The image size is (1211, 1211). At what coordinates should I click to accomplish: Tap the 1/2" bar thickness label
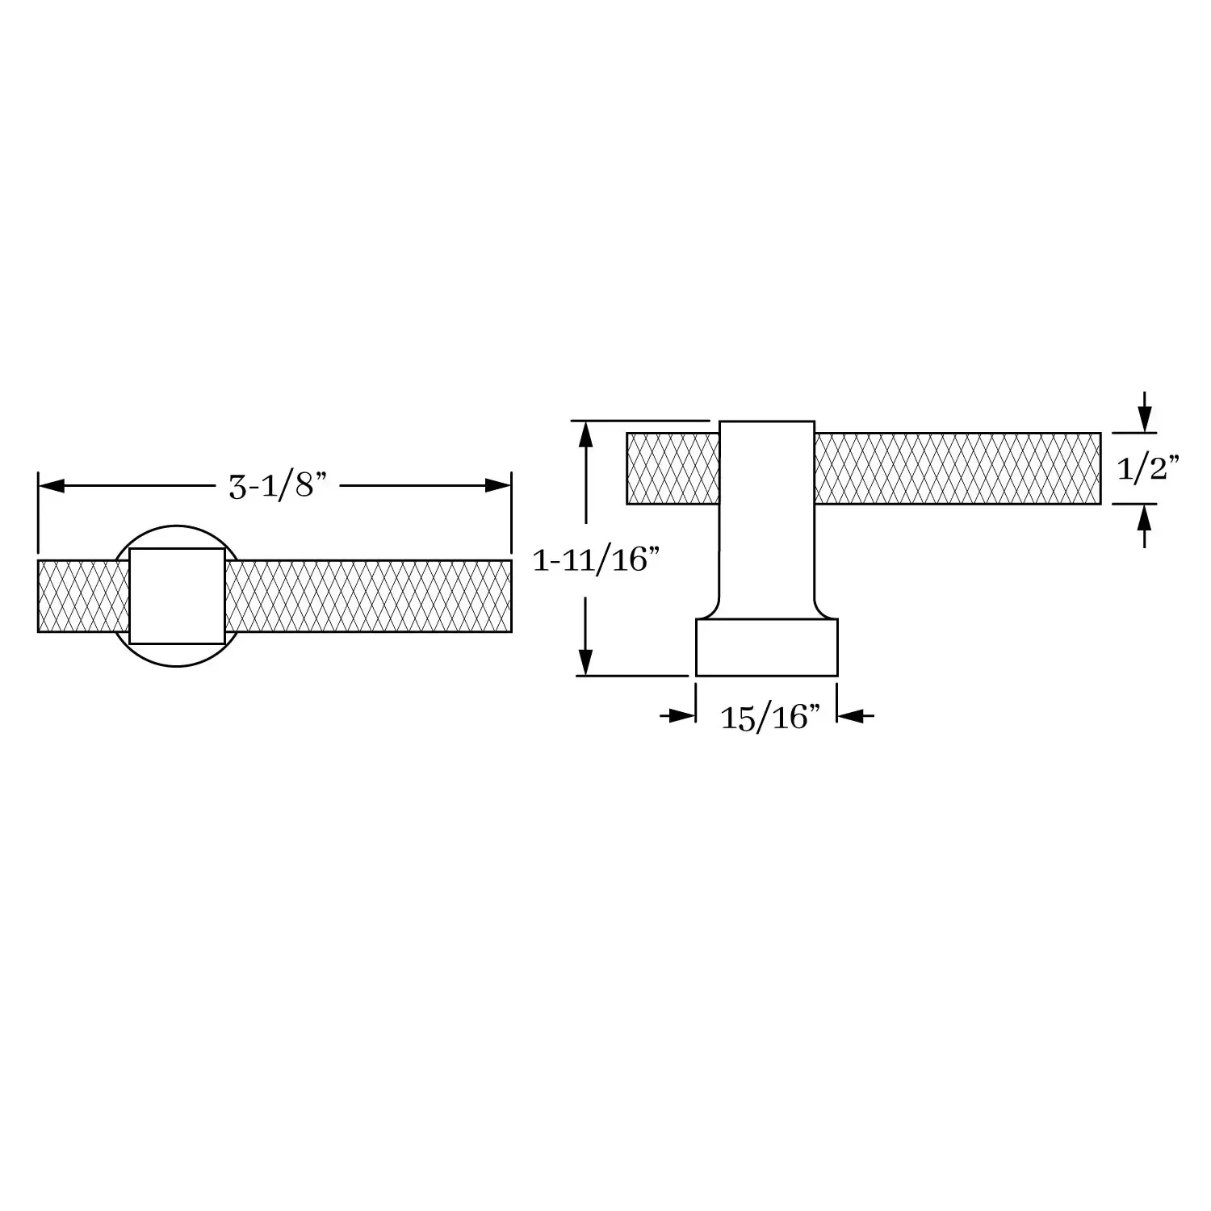click(x=1148, y=467)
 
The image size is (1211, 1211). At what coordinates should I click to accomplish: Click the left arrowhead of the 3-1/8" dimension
click(x=51, y=486)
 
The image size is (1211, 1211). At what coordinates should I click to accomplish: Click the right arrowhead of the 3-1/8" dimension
click(x=498, y=486)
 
